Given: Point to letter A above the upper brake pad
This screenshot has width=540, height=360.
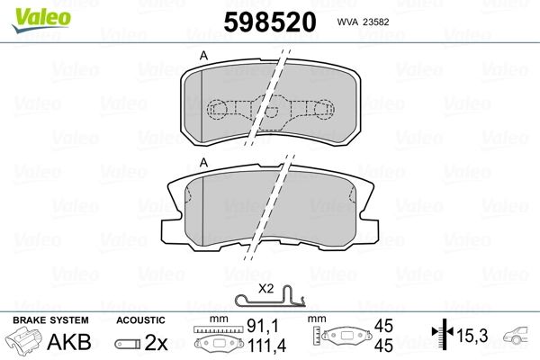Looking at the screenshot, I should coord(203,57).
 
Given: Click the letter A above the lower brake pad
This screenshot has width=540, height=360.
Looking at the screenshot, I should coord(203,162).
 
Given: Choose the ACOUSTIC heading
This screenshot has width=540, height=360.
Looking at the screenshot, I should coord(140,320).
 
